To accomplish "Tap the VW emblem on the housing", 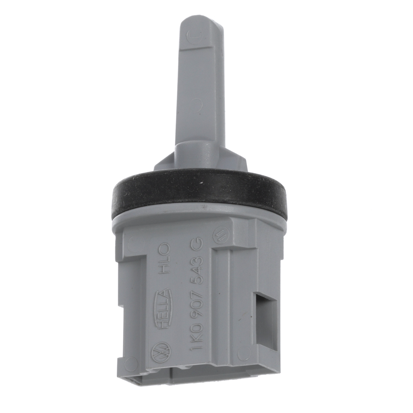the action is [x=161, y=352].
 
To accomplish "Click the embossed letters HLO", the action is [x=163, y=258].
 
